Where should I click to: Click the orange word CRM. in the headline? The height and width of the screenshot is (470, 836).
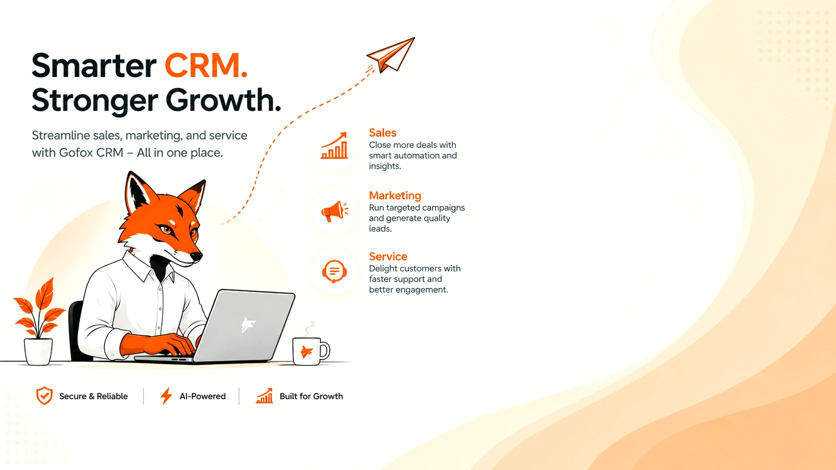pos(206,65)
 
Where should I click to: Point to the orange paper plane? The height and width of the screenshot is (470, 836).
pos(391,55)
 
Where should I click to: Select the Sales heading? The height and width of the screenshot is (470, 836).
pos(382,132)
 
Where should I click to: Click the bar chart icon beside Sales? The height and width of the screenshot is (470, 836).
pos(334,145)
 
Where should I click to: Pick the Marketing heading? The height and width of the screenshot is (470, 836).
pos(395,195)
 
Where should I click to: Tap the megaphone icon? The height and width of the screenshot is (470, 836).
pos(334,211)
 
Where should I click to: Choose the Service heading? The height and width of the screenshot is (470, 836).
pos(388,256)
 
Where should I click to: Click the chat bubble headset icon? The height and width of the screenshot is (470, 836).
pos(334,271)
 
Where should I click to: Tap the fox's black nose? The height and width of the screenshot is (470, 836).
pos(196,256)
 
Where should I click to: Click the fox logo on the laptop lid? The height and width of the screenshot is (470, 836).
pos(247,324)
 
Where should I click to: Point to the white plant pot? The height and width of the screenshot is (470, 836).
pos(38,351)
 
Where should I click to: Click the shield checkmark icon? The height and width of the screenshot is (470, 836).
pos(44,395)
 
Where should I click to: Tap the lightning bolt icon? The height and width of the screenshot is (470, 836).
pos(166,395)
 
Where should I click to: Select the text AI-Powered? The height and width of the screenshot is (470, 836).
pos(202,396)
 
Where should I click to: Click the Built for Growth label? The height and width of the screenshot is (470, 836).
pos(311,396)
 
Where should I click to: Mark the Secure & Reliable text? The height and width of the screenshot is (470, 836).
pos(93,396)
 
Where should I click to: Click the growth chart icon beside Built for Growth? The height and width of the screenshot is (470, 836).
pos(264,395)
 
